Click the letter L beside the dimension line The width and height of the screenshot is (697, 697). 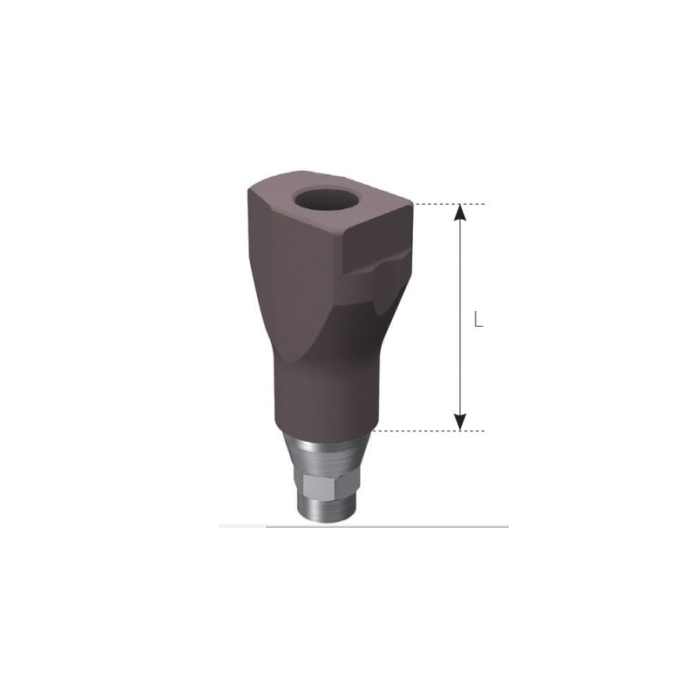[x=478, y=320]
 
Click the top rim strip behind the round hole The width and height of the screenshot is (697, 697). [x=327, y=178]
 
